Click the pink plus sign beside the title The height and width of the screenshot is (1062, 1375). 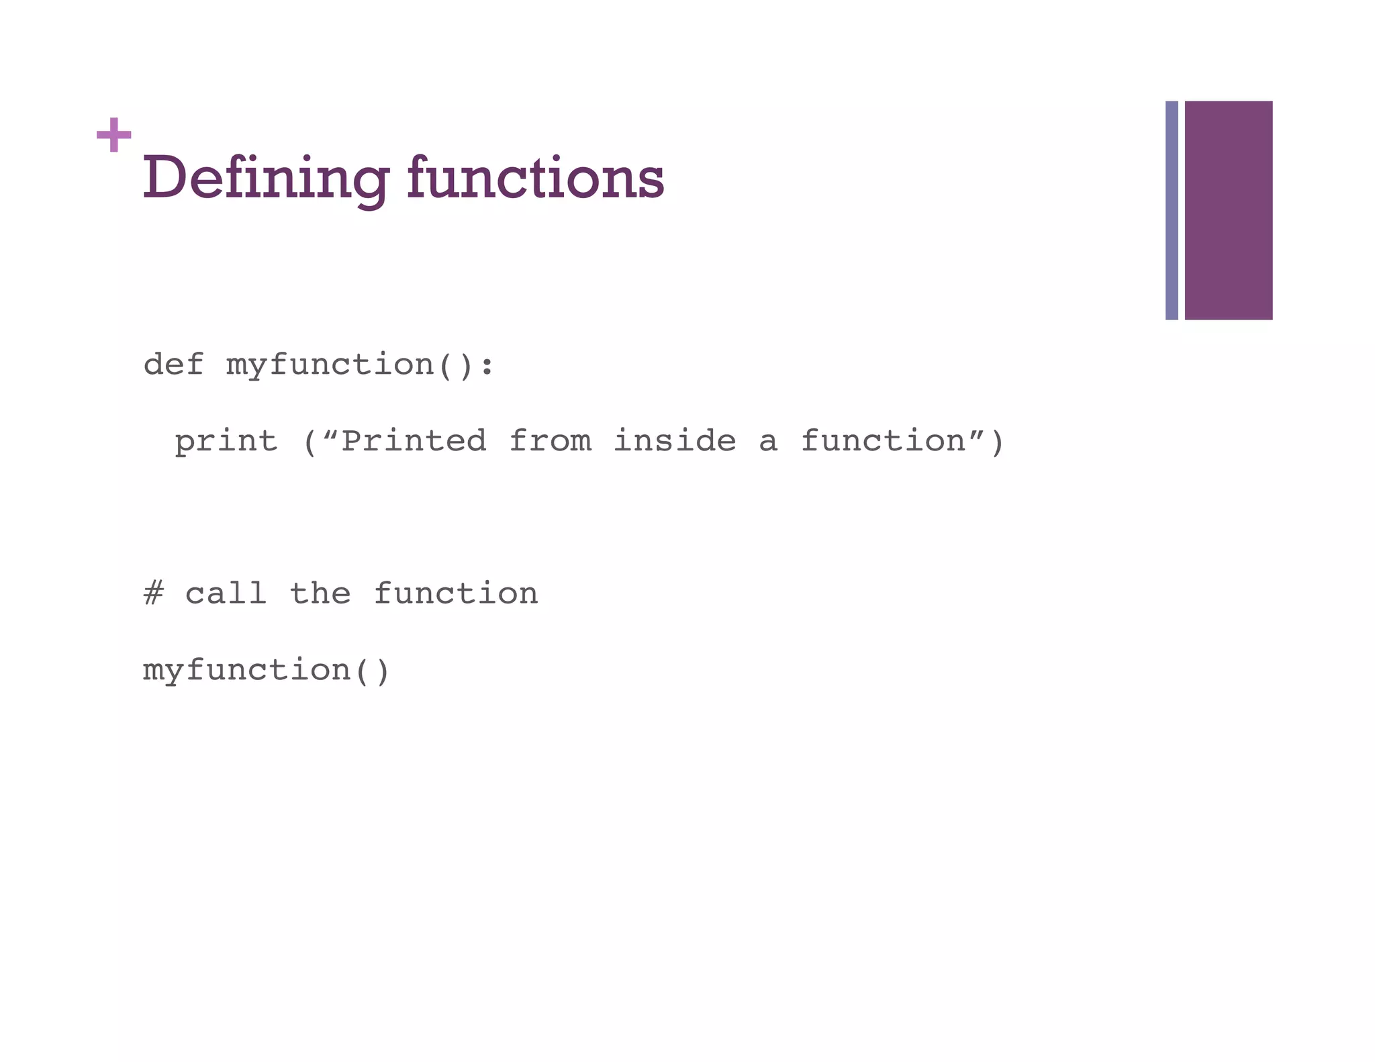113,135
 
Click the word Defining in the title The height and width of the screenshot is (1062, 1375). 265,178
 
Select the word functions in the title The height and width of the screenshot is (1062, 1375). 535,178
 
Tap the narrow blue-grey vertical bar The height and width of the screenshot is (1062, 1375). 1172,210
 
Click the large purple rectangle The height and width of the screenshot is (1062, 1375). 1228,210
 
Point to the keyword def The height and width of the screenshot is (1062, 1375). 173,365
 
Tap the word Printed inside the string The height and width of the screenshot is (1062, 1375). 414,441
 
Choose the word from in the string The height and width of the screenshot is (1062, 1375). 551,441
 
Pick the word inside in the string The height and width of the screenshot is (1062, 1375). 675,441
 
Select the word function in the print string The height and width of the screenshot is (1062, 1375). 884,441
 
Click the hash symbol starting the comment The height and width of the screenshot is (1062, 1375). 153,594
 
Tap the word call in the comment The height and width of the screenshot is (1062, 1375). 226,594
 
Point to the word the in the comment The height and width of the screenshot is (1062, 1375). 320,594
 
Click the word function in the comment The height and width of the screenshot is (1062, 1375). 455,594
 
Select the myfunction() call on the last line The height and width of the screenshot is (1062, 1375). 266,671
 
